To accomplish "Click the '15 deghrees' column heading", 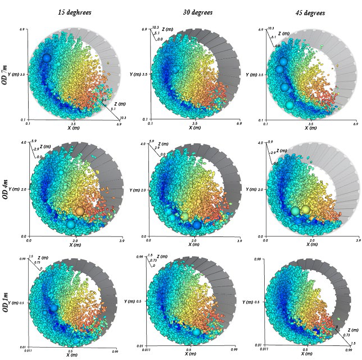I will tap(74, 12).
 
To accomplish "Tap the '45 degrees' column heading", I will tap(309, 12).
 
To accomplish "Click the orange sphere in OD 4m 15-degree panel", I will tap(80, 211).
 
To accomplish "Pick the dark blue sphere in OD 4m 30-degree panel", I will tap(197, 225).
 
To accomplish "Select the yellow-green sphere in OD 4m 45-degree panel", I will tap(306, 210).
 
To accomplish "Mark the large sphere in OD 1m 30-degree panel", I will tap(196, 332).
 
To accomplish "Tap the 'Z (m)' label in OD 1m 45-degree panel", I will tap(351, 330).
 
